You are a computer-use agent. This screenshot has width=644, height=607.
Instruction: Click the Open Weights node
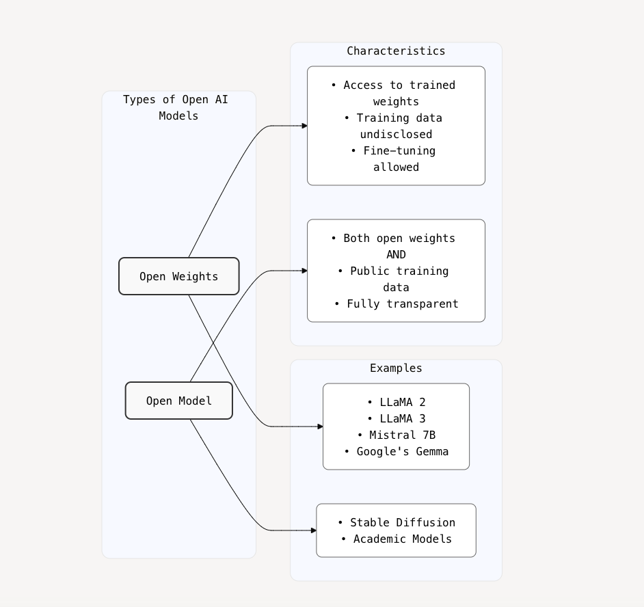pyautogui.click(x=178, y=276)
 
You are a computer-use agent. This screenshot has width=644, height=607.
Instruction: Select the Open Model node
pyautogui.click(x=178, y=401)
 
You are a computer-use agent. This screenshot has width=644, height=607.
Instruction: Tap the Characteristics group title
pyautogui.click(x=396, y=51)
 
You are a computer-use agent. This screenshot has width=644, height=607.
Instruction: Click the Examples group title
pyautogui.click(x=396, y=368)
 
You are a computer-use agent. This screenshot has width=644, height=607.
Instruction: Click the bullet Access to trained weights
pyautogui.click(x=396, y=93)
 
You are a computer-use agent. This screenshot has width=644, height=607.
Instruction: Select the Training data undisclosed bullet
pyautogui.click(x=396, y=126)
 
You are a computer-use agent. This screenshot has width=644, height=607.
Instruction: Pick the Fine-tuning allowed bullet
pyautogui.click(x=396, y=159)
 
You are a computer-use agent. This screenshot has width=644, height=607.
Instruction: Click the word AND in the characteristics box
pyautogui.click(x=396, y=254)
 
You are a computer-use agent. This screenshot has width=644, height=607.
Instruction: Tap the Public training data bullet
pyautogui.click(x=396, y=279)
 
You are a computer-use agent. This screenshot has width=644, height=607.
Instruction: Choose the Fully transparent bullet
pyautogui.click(x=396, y=303)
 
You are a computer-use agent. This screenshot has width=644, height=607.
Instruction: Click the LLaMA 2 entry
pyautogui.click(x=396, y=402)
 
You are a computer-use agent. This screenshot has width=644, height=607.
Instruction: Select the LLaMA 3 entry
pyautogui.click(x=396, y=418)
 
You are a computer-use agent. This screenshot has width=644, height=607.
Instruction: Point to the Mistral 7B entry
pyautogui.click(x=396, y=435)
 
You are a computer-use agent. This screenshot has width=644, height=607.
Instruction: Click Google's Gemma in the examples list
pyautogui.click(x=396, y=451)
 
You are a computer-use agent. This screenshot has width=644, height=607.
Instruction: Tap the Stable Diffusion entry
pyautogui.click(x=396, y=522)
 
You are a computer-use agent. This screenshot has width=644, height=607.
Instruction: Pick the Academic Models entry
pyautogui.click(x=396, y=539)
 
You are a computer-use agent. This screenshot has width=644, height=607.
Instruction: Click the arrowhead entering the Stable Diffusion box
pyautogui.click(x=313, y=530)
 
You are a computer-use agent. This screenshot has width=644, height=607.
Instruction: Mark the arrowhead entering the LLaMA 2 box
pyautogui.click(x=320, y=427)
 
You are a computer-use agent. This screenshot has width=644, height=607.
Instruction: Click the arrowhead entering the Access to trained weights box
pyautogui.click(x=304, y=126)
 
